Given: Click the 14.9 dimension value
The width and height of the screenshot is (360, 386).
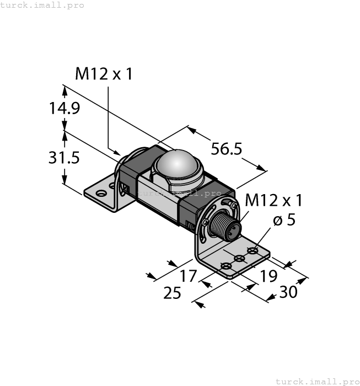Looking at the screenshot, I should tap(65, 108).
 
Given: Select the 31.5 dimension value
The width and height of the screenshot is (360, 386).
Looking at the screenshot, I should tap(65, 158).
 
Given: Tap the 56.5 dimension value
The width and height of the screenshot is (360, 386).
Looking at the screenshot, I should tap(227, 149).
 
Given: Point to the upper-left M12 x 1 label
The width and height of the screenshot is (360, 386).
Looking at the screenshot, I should tap(104, 74).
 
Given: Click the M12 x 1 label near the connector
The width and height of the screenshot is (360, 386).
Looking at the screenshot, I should tap(273, 200).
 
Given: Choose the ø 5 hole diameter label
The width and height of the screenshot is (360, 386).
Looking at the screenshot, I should tap(284, 220).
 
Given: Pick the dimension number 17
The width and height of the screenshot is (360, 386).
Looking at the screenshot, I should tap(189, 275).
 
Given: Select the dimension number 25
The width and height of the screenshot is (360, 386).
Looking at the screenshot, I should tap(173, 293).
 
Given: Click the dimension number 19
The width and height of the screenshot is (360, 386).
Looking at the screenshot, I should tap(268, 276).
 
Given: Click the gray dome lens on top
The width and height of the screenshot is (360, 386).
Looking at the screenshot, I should tap(176, 165).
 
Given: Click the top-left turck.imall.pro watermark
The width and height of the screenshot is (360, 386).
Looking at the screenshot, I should tap(42, 5).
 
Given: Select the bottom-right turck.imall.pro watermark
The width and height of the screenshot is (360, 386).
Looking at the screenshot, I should tap(317, 381).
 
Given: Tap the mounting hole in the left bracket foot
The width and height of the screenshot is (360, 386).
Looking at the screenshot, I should tap(100, 194).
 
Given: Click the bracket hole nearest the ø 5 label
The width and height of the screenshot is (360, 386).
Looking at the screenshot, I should tap(252, 251).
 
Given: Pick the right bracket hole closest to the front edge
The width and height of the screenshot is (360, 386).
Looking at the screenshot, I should tap(226, 266).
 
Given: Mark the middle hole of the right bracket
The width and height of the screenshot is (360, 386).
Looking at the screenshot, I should tap(239, 259).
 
